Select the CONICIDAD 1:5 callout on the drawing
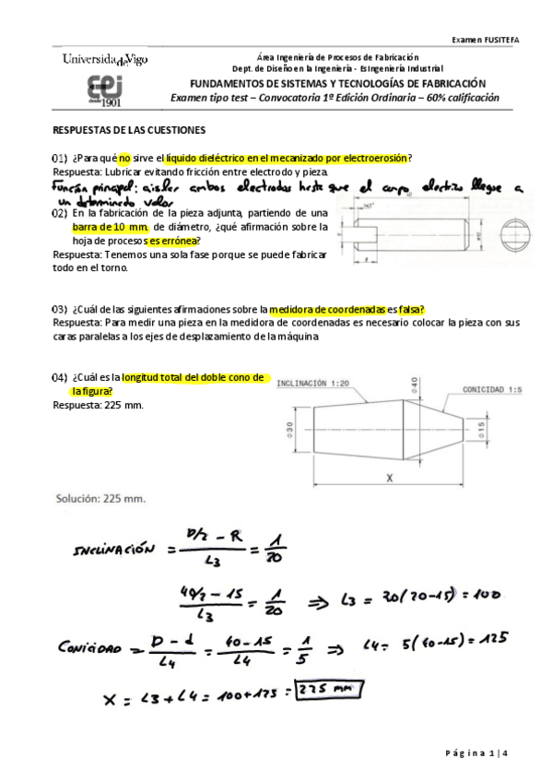[493, 389]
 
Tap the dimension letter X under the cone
[390, 478]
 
